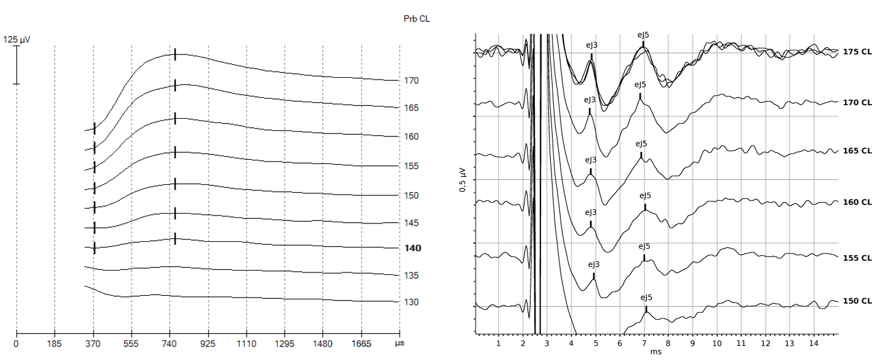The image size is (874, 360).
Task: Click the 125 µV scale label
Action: point(17,39)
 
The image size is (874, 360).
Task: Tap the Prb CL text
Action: point(417,19)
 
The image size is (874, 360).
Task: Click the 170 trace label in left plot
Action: point(411,80)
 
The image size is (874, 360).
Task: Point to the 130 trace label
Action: point(411,302)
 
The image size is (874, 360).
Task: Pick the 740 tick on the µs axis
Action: point(170,344)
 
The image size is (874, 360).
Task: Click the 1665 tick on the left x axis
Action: point(361,344)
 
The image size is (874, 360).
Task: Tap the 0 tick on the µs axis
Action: point(16,344)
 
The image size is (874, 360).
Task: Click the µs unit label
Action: point(400,344)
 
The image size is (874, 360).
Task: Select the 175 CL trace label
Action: point(857,53)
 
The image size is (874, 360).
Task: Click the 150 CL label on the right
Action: point(857,301)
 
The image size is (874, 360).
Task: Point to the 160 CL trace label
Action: point(857,202)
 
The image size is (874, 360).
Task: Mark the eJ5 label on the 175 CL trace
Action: point(643,35)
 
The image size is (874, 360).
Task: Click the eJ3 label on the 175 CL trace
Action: point(592,45)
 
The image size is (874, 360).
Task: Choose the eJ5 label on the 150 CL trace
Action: point(646,298)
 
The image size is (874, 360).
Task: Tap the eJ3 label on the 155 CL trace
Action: point(594,264)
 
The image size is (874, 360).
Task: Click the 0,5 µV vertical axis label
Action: point(463,181)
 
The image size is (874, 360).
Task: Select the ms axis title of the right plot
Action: point(655,353)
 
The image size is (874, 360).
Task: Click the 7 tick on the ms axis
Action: point(644,343)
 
